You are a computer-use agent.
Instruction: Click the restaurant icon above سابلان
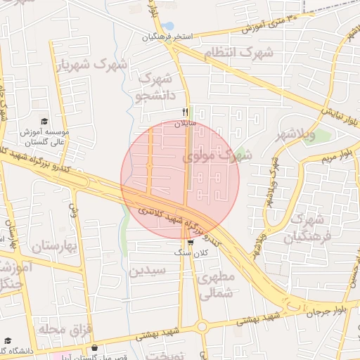click(186, 111)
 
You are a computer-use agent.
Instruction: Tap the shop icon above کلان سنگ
click(191, 242)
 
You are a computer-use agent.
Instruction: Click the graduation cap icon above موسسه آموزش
click(45, 121)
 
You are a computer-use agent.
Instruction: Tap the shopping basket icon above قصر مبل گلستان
click(94, 347)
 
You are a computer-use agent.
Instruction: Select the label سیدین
click(148, 270)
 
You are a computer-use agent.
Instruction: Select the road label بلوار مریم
click(343, 155)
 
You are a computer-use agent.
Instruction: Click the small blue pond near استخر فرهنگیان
click(167, 27)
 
